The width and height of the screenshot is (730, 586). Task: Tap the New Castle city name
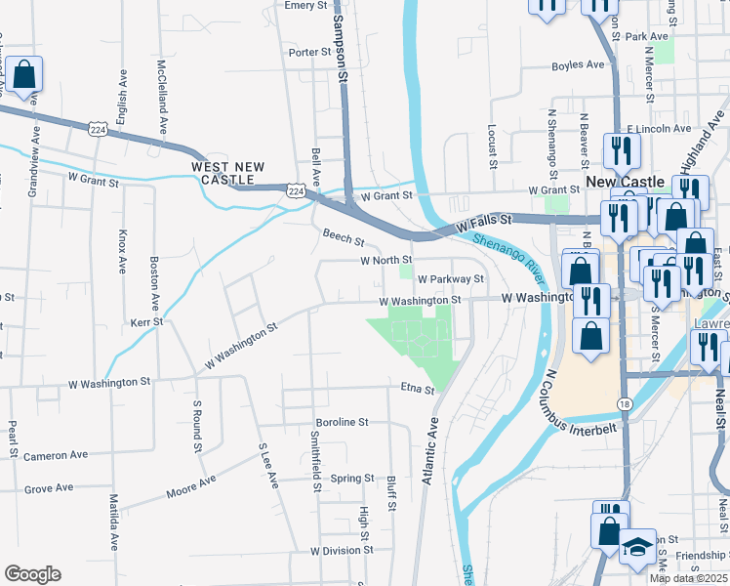pyautogui.click(x=626, y=182)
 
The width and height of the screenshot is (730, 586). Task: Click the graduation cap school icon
pyautogui.click(x=638, y=547)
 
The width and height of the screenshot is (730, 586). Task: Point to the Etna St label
pyautogui.click(x=417, y=389)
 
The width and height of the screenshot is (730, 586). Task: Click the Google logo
pyautogui.click(x=32, y=574)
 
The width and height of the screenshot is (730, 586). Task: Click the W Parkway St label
pyautogui.click(x=451, y=278)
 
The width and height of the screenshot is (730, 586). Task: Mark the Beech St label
pyautogui.click(x=344, y=237)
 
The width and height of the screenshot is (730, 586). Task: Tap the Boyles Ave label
pyautogui.click(x=579, y=65)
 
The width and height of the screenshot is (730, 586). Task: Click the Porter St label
pyautogui.click(x=311, y=52)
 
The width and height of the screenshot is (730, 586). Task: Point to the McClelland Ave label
pyautogui.click(x=162, y=99)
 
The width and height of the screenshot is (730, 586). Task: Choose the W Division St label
pyautogui.click(x=343, y=551)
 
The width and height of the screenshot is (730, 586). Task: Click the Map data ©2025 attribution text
pyautogui.click(x=688, y=578)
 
